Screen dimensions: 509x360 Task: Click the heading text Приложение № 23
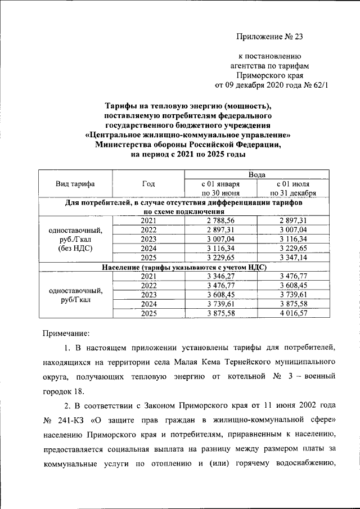pos(269,37)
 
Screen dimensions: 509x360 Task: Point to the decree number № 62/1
pos(314,85)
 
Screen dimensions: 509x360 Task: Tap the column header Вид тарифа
pos(75,184)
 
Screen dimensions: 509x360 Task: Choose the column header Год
pos(148,184)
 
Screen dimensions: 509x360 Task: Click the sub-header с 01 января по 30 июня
pos(220,188)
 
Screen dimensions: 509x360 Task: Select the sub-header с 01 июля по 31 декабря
pos(292,188)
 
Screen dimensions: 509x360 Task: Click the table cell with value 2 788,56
pos(220,220)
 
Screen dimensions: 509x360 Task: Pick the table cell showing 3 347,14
pos(292,257)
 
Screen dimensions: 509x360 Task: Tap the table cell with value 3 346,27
pos(220,276)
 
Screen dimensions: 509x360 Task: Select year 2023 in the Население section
pos(148,294)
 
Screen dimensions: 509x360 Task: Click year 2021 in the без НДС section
pos(148,220)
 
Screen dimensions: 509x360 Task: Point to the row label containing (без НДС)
pos(75,247)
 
